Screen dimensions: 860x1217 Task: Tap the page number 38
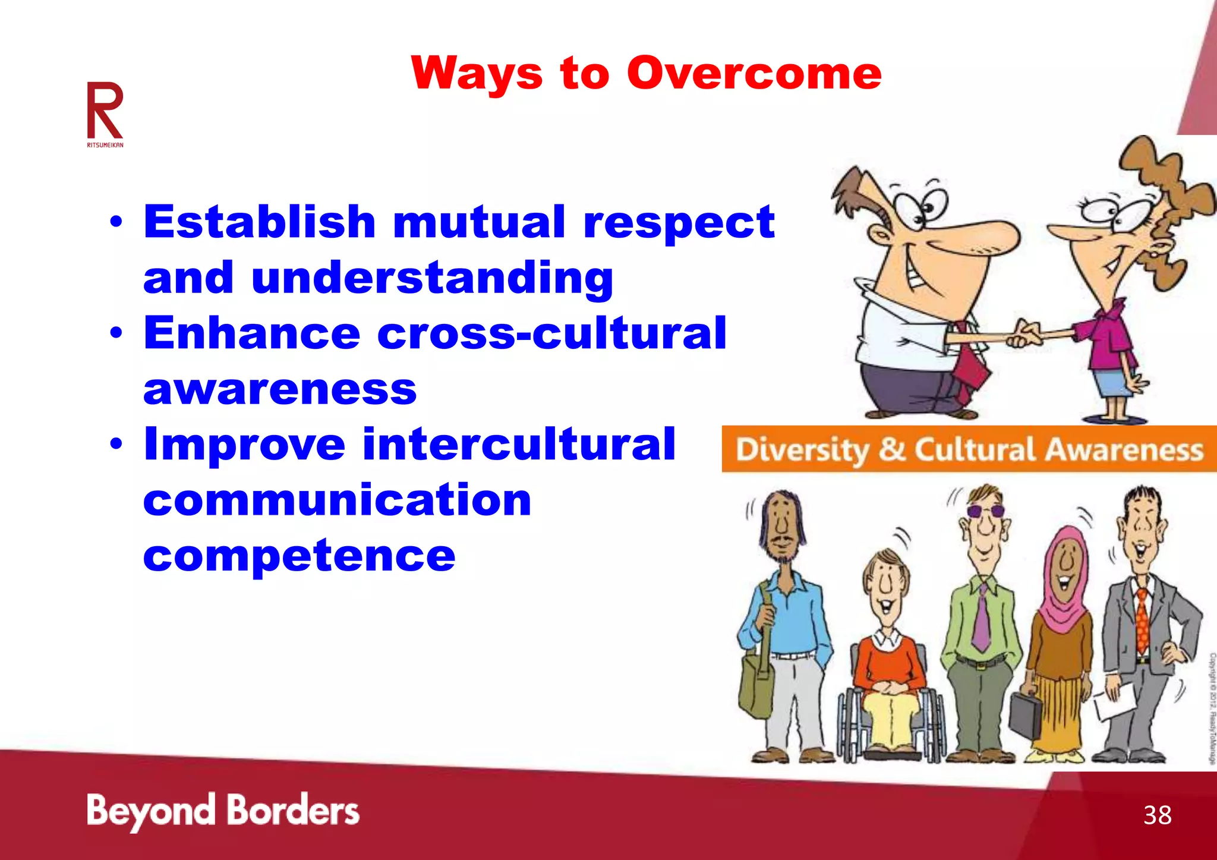(1157, 815)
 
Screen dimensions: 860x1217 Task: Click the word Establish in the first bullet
(260, 221)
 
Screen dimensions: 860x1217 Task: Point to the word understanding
(432, 278)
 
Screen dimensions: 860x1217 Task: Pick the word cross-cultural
(552, 333)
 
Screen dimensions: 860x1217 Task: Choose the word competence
(299, 555)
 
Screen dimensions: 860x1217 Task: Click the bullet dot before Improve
(116, 444)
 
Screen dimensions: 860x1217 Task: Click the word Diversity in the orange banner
(802, 450)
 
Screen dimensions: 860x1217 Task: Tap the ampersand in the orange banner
(891, 449)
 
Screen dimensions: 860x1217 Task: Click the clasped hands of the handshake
(1023, 335)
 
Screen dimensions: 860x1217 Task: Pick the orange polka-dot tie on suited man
(1142, 621)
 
